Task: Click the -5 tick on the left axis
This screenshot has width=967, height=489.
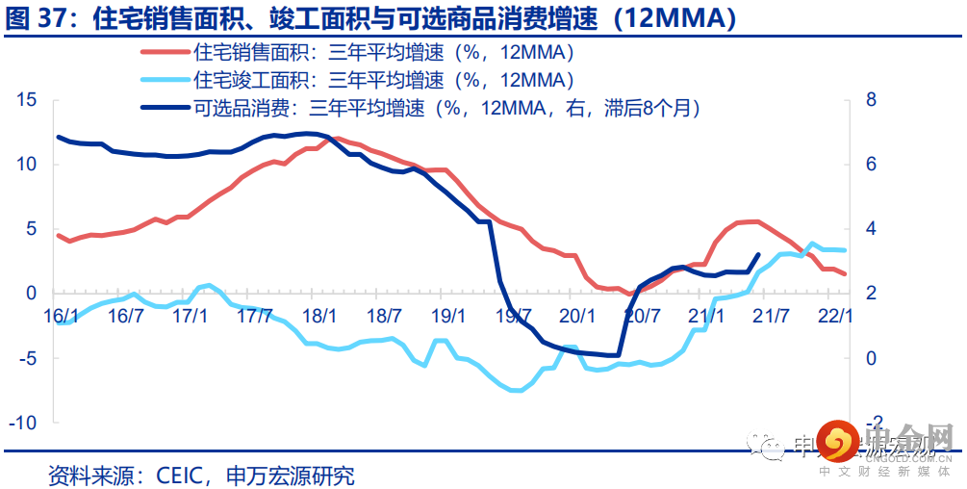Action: coord(27,358)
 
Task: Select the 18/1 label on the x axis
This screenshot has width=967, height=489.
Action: coord(319,316)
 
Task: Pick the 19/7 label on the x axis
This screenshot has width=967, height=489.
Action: coord(513,316)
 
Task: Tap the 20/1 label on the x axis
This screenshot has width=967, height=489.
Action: coord(577,316)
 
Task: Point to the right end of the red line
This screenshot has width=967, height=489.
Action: coord(846,274)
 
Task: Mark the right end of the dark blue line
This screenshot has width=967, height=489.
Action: coord(758,255)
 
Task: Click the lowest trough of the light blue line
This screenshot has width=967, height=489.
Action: coord(516,391)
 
